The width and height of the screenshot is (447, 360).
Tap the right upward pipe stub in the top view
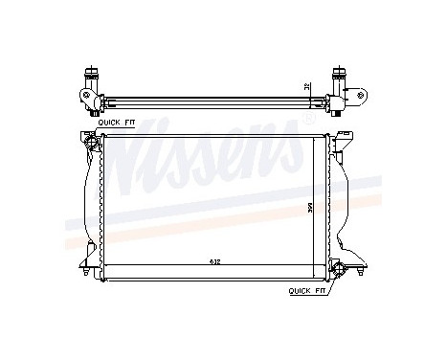(x=339, y=74)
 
